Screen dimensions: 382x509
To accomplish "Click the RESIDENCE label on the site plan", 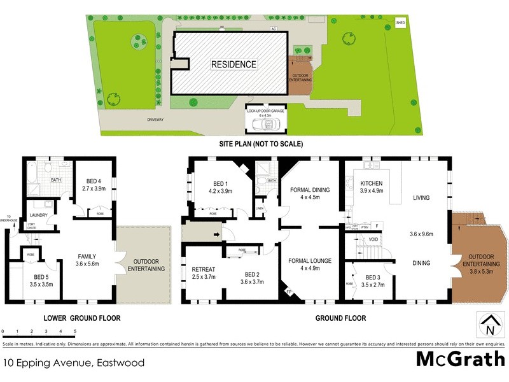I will [235, 64].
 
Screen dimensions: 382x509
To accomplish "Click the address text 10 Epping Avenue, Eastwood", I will [73, 364].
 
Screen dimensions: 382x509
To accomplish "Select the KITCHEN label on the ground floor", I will [372, 183].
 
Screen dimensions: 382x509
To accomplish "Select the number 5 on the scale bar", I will [75, 332].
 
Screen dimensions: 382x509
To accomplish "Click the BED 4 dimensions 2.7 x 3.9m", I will [93, 189].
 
